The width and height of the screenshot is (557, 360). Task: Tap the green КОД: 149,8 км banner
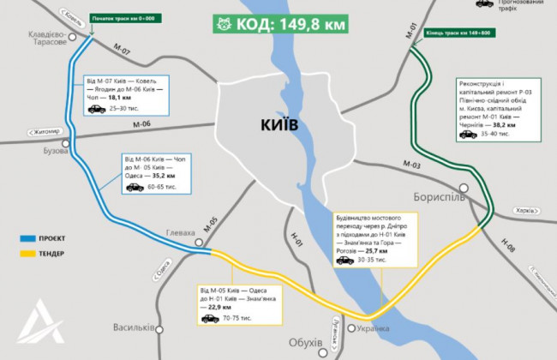click(283, 24)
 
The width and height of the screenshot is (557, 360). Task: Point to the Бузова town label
click(55, 150)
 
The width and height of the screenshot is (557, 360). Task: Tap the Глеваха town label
click(179, 233)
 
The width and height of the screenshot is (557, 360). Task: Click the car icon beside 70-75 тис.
click(208, 319)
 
